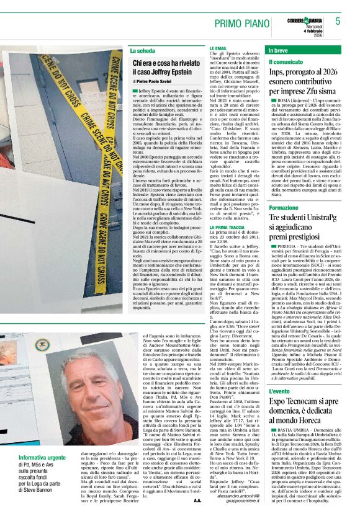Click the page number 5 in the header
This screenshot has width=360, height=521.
338,21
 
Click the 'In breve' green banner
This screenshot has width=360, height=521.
308,50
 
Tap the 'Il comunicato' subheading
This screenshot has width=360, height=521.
286,62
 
